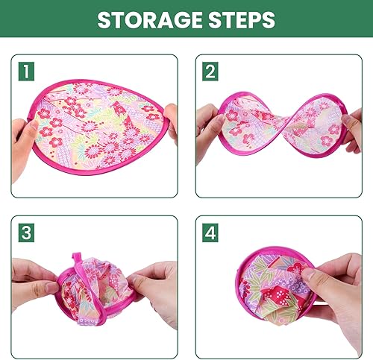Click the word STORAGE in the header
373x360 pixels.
coord(149,19)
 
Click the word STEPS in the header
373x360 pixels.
coord(242,19)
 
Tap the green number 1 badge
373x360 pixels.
coord(26,72)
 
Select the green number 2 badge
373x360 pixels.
coord(210,72)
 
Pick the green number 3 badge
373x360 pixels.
coord(26,233)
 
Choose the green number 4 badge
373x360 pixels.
coord(210,233)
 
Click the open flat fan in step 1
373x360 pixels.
coord(97,127)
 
